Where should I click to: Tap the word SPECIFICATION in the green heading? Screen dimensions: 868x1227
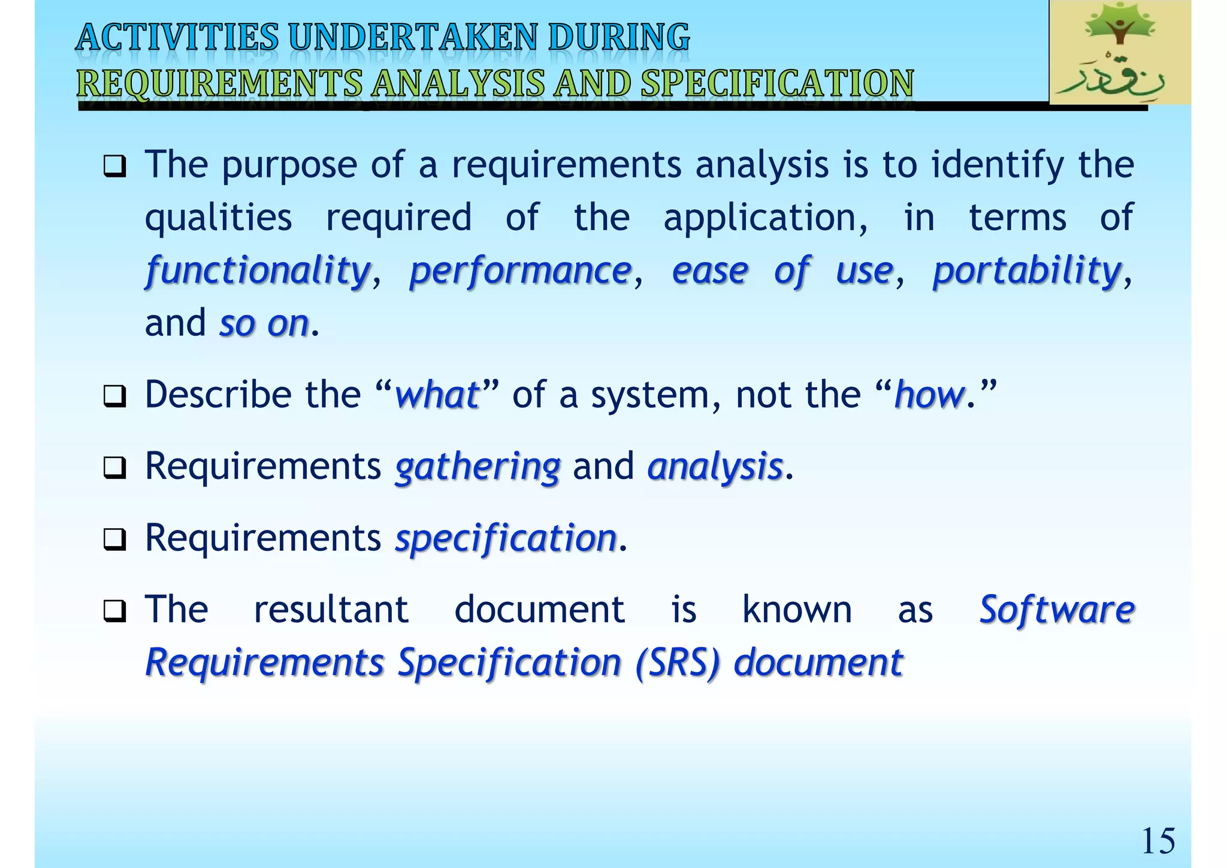click(777, 83)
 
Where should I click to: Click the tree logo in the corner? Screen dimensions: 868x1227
click(1119, 53)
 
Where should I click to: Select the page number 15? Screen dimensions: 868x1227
click(1158, 840)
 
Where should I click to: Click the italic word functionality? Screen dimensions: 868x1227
click(258, 271)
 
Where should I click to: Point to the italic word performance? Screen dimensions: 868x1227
click(520, 271)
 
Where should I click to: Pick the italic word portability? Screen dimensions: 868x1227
click(1026, 271)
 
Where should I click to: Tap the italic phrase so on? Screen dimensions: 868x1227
click(264, 324)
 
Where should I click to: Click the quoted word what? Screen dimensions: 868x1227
click(437, 395)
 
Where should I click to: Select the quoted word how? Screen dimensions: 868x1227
click(929, 395)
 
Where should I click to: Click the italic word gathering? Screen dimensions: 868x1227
click(477, 467)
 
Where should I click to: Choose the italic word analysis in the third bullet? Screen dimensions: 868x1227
click(715, 467)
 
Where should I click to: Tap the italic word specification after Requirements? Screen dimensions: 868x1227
click(506, 538)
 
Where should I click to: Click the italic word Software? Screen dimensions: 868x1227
click(1057, 610)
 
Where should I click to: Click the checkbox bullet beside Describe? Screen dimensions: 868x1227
click(114, 397)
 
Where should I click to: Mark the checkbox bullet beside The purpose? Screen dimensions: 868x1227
click(114, 166)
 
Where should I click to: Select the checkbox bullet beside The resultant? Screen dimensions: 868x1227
click(114, 611)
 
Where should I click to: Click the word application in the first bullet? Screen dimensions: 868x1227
click(765, 218)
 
